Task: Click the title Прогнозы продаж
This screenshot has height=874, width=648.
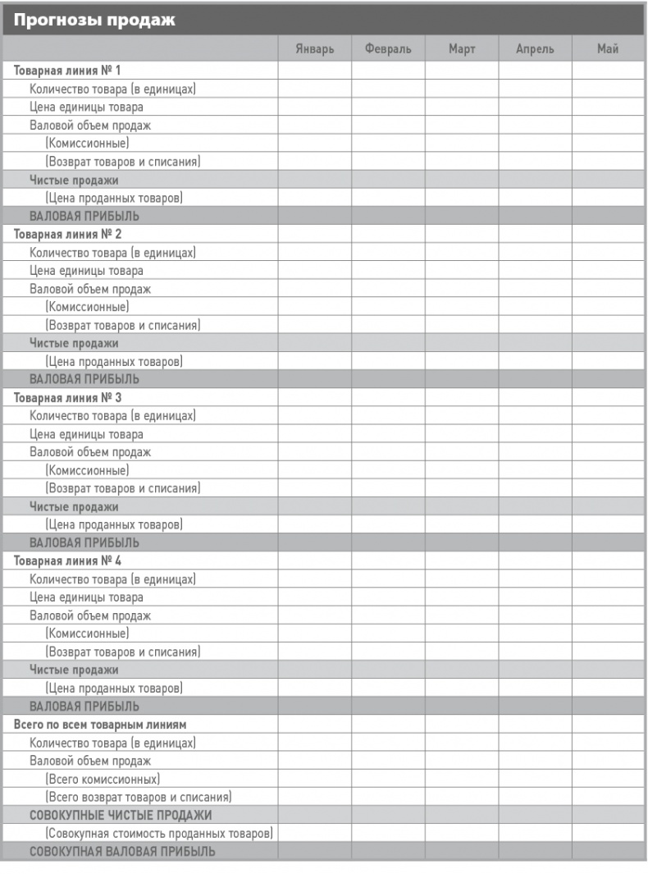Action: (x=94, y=19)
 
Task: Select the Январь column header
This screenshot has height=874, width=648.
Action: (x=315, y=49)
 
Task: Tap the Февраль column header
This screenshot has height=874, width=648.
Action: (x=388, y=49)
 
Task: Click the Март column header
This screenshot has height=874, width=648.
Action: (x=462, y=49)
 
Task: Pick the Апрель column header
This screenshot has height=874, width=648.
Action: (x=535, y=49)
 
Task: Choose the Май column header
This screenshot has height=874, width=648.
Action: (x=608, y=49)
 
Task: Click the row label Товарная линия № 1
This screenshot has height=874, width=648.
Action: (x=67, y=71)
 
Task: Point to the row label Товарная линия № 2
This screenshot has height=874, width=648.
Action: (x=67, y=234)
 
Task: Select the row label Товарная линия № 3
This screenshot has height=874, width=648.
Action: (x=67, y=398)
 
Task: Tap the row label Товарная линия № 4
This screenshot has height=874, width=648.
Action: (x=67, y=561)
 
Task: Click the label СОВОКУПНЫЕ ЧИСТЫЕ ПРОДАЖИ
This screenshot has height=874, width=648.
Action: (x=121, y=815)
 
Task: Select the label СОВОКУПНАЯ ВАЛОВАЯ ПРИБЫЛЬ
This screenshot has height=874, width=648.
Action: (x=122, y=851)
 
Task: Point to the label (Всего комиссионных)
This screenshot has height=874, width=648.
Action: (x=103, y=779)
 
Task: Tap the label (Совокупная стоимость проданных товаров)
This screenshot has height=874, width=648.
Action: (x=159, y=833)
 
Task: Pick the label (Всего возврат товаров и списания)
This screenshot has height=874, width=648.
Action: (x=138, y=797)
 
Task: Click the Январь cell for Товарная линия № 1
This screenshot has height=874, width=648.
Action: (x=315, y=71)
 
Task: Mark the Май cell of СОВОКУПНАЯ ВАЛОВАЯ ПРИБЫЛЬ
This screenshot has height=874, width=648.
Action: (x=608, y=851)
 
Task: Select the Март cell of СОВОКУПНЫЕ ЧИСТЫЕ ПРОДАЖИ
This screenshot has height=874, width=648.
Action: (x=462, y=815)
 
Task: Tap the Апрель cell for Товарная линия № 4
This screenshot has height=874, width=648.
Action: (x=535, y=561)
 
